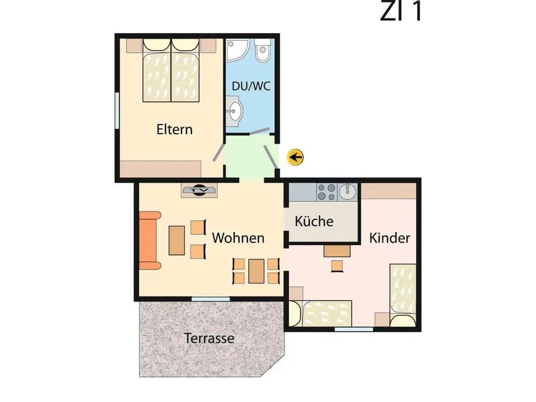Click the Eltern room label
click(174, 129)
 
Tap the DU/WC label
click(251, 86)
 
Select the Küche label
click(314, 221)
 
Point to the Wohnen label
click(238, 238)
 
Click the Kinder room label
click(389, 238)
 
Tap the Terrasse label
click(209, 338)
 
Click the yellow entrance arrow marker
click(295, 157)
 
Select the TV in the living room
click(199, 190)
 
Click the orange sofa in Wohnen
click(150, 241)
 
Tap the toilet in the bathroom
click(262, 51)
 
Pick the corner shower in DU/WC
click(237, 50)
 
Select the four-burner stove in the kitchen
click(327, 192)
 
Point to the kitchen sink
click(347, 192)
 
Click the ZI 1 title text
click(400, 11)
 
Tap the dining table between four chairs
click(256, 272)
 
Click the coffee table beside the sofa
click(177, 240)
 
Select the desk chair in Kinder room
click(337, 266)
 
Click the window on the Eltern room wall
click(117, 110)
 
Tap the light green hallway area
click(250, 156)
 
